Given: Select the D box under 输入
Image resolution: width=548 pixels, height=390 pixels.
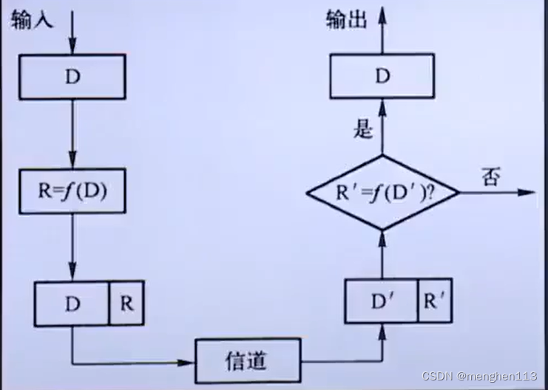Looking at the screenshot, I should [72, 76].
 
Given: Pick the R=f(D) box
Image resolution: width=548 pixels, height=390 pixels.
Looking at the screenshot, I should [72, 191].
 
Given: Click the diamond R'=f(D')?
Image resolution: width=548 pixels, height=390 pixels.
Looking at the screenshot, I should [382, 193].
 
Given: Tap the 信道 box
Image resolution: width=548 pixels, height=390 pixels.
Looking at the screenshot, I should [247, 361].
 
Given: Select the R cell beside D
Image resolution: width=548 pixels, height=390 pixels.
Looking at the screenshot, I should [126, 304].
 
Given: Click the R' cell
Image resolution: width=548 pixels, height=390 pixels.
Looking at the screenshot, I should [435, 301].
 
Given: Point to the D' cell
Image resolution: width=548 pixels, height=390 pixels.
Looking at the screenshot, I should [381, 301].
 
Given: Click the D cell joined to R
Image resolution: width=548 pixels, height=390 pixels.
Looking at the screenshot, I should [72, 304].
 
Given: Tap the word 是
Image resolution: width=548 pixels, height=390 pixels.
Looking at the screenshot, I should [362, 130].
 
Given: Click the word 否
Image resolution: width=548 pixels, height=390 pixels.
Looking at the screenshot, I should [491, 177].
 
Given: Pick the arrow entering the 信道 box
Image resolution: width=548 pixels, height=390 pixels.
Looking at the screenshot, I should [133, 362].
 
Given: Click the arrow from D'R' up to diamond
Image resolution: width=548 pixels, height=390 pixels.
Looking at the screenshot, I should [382, 255].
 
